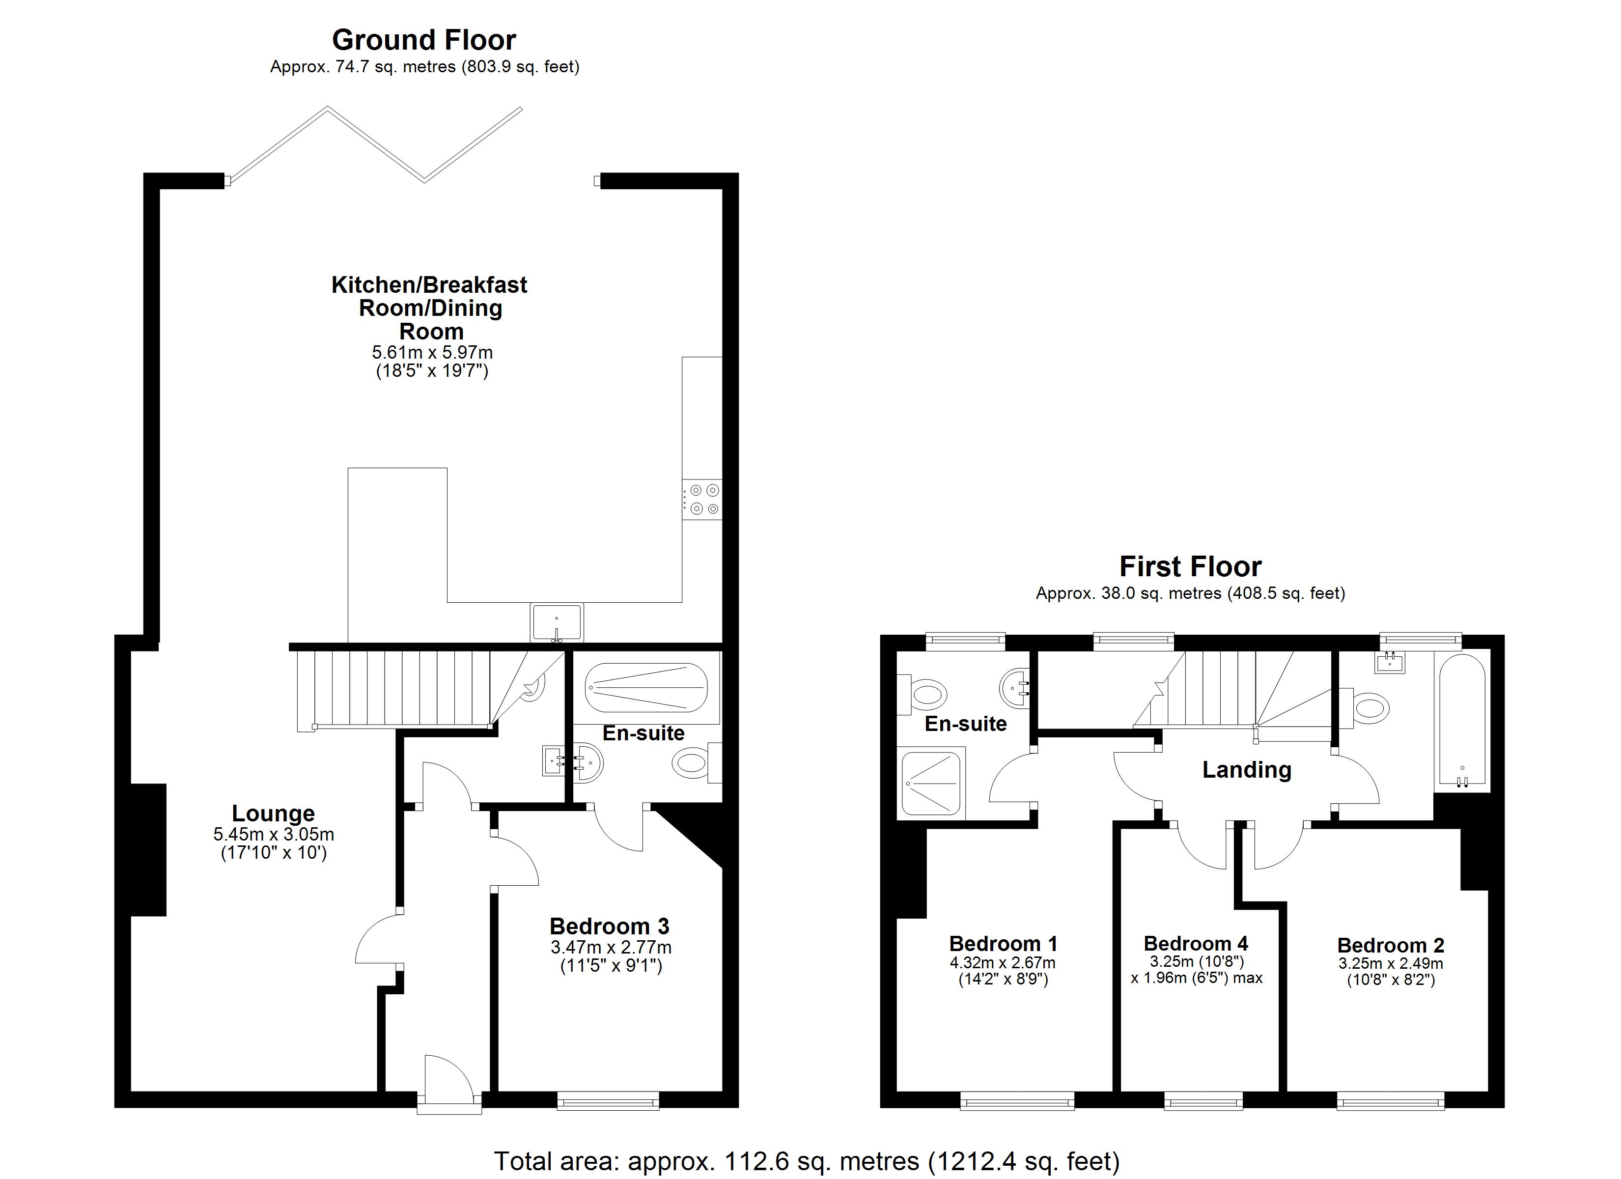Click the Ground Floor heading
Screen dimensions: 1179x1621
pos(424,40)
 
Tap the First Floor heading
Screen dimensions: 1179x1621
pos(1190,567)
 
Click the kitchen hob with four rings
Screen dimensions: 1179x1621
pos(702,499)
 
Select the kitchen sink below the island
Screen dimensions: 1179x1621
pos(557,622)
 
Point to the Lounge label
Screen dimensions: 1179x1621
pos(273,814)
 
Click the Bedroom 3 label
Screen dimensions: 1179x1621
pos(609,926)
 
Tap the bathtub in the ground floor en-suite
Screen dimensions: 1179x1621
pos(646,687)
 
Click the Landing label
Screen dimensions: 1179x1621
pos(1247,770)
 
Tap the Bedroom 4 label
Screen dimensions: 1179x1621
pos(1196,944)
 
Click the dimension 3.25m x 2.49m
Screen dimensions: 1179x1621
pos(1390,964)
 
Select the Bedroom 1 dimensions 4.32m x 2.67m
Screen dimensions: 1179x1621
pos(1002,963)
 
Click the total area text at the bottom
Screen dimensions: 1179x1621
pos(806,1161)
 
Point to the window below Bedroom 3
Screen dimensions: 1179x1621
pos(608,1100)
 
